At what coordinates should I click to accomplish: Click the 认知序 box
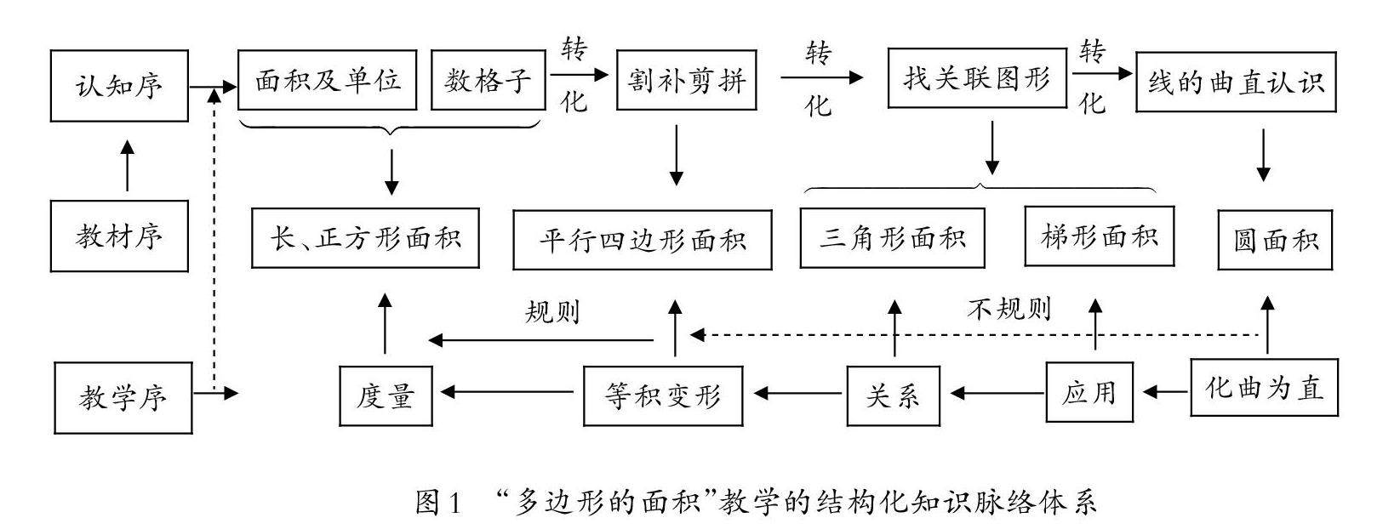coord(119,85)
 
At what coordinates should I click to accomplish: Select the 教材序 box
coord(119,236)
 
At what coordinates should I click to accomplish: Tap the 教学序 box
coord(123,397)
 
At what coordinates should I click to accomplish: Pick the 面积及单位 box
coord(328,80)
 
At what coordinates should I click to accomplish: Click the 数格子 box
coord(488,80)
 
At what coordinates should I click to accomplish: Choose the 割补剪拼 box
coord(686,81)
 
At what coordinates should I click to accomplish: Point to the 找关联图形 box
coord(976,79)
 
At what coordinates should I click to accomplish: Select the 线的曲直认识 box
coord(1236,82)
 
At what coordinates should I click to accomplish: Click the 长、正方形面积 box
coord(366,237)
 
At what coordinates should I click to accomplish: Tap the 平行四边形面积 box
coord(643,240)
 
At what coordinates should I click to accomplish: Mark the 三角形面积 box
coord(892,238)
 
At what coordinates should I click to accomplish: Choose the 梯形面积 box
coord(1100,236)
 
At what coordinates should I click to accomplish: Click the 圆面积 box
coord(1274,239)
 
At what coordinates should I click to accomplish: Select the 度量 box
coord(386,395)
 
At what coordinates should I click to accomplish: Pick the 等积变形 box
coord(662,395)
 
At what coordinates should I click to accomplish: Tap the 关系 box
coord(893,395)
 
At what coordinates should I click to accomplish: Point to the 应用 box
coord(1089,392)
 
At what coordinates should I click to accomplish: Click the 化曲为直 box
coord(1264,388)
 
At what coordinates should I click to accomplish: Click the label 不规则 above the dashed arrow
coord(1009,309)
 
